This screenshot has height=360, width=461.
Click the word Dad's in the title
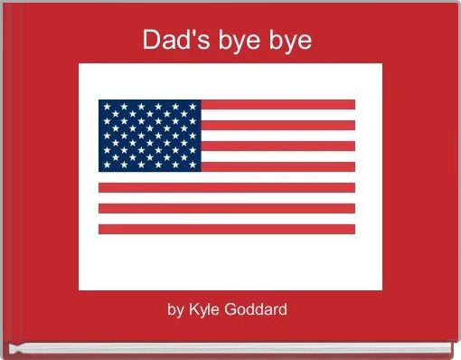(x=173, y=41)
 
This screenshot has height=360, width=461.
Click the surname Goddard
(x=257, y=309)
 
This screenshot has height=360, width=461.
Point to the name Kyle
(x=205, y=309)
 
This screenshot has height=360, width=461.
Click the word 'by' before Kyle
(x=176, y=309)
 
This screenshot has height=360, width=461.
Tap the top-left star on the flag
(x=106, y=107)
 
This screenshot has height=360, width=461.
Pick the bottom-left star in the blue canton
(x=106, y=165)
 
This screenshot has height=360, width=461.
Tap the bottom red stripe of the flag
(x=227, y=229)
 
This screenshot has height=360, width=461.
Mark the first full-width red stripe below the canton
(x=227, y=187)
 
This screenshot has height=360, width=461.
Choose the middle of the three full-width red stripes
(x=227, y=208)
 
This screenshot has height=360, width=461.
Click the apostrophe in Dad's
(x=186, y=33)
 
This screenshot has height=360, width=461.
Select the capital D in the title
(x=152, y=41)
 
